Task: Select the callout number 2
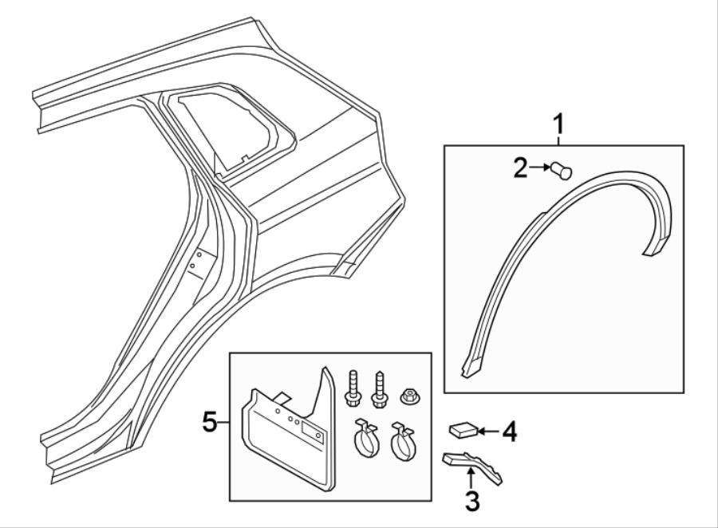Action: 521,168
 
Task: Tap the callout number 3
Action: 472,501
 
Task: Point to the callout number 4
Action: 509,431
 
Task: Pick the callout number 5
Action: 210,422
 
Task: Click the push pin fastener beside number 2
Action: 562,171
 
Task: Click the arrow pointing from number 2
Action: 540,167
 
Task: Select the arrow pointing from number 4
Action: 489,431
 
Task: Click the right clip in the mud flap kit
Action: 403,441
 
